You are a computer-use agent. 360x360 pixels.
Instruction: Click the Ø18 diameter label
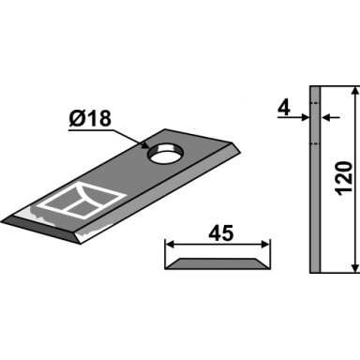[x=90, y=119]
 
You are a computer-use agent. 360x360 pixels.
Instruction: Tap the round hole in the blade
[x=165, y=152]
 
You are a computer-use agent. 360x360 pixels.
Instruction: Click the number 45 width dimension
[x=221, y=233]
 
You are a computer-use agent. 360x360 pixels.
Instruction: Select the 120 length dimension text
[x=345, y=178]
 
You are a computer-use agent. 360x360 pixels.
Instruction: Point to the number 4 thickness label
[x=284, y=109]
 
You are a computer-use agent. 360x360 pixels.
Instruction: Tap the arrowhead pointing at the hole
[x=144, y=144]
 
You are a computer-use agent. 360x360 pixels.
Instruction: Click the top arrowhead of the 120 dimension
[x=355, y=91]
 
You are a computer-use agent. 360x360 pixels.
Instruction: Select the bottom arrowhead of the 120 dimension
[x=355, y=268]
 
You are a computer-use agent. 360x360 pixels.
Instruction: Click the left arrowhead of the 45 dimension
[x=170, y=244]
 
